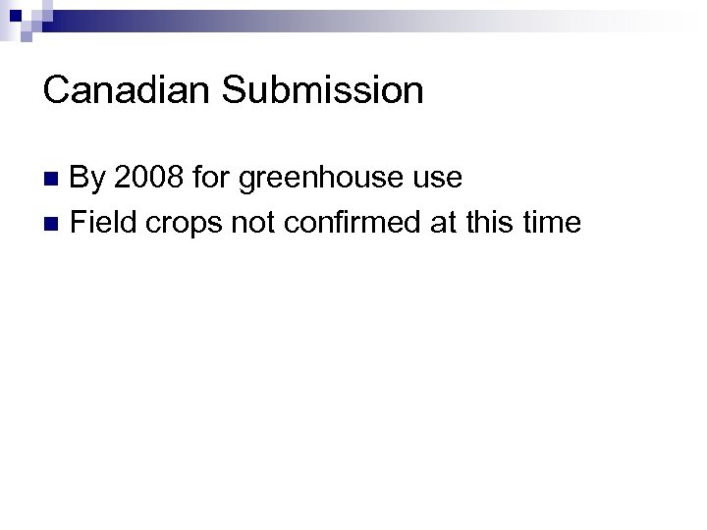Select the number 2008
147,178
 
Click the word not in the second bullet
253,223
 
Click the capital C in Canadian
57,91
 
